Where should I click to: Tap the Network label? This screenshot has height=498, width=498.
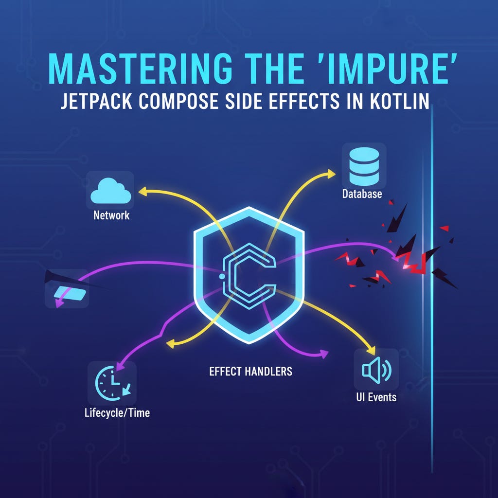[x=111, y=215]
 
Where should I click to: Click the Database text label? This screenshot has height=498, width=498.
[x=362, y=194]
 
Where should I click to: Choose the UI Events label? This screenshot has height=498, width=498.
[x=376, y=397]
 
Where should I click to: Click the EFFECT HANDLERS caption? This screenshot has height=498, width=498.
[x=251, y=372]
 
